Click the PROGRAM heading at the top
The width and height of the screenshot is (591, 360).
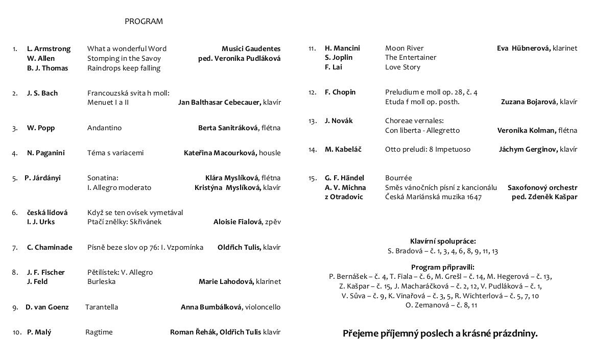[144, 21]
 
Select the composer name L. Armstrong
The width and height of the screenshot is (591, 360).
[49, 49]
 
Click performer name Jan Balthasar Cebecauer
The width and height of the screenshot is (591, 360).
[220, 103]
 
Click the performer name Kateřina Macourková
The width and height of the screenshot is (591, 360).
[220, 153]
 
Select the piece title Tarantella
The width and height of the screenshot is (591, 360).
[102, 307]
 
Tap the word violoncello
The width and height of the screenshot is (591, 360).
[263, 307]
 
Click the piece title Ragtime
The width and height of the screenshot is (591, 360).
[99, 332]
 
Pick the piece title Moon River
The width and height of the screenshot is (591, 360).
[404, 49]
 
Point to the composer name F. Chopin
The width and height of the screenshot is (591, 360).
[340, 92]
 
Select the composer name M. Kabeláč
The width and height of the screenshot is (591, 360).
[343, 150]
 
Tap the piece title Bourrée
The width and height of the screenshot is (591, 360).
[398, 178]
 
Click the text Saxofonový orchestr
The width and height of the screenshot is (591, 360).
[542, 188]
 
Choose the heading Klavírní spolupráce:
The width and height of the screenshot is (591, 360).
[443, 241]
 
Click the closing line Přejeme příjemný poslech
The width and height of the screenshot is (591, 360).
[440, 334]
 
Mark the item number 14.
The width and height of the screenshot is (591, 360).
[313, 150]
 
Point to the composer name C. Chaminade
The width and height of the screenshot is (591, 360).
[50, 248]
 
